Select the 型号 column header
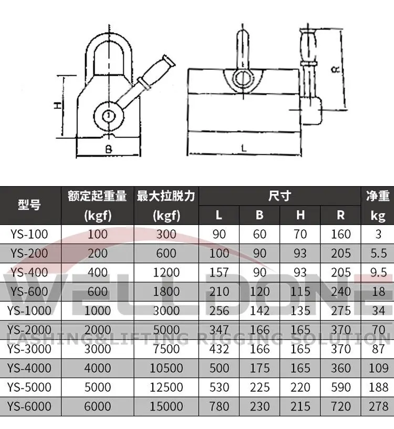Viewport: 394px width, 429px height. [29, 206]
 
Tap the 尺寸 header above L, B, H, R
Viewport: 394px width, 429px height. [279, 196]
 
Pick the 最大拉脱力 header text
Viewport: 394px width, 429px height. [166, 196]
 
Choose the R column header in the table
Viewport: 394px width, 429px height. [341, 215]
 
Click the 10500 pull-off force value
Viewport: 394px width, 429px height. [166, 367]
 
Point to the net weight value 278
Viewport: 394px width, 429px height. [378, 406]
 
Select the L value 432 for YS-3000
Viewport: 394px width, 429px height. [219, 349]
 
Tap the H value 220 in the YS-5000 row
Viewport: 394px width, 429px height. [300, 387]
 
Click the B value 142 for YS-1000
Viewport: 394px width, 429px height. [260, 310]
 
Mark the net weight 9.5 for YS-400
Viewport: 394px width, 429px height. [378, 272]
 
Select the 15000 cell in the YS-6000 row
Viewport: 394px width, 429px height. [166, 406]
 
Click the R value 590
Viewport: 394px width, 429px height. [341, 387]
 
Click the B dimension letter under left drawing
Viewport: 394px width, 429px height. [108, 149]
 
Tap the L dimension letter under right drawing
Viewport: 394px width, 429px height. [244, 149]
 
